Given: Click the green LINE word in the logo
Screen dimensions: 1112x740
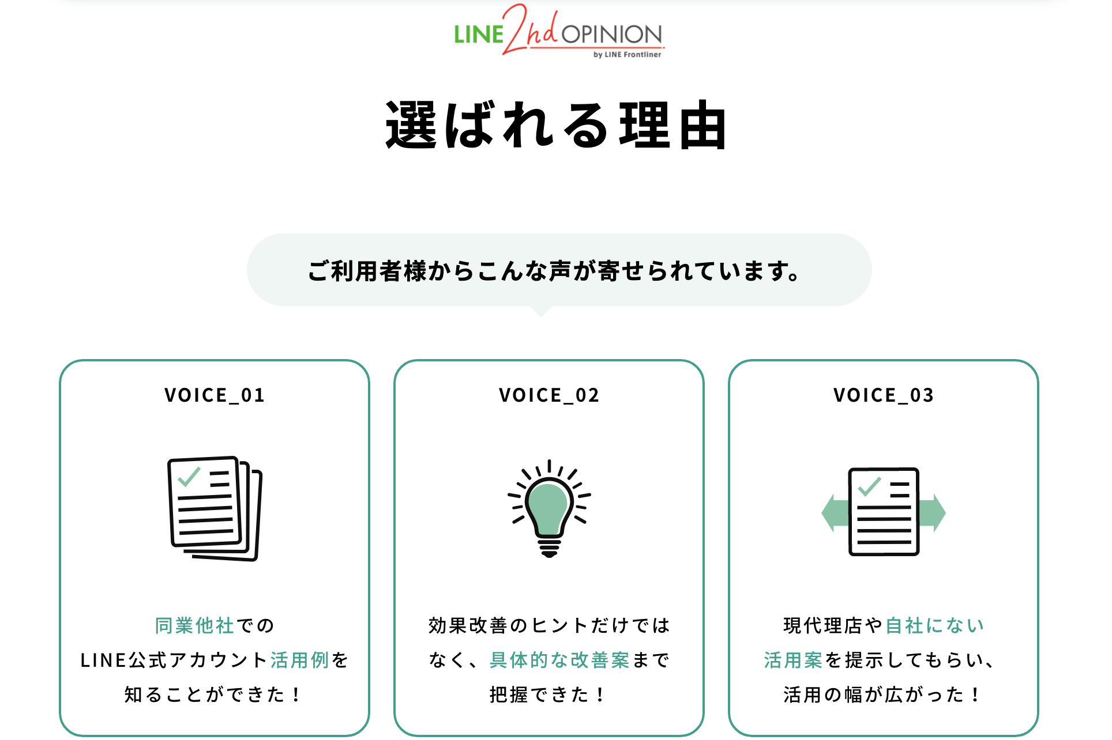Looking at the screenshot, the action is click(x=478, y=35).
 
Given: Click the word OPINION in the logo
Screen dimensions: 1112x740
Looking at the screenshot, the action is click(x=611, y=35).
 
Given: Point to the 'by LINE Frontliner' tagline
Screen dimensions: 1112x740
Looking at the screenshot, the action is click(x=627, y=55).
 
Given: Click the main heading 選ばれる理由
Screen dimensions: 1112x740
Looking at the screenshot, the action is click(x=556, y=125).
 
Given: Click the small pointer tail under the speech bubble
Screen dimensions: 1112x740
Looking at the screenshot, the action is click(x=541, y=312).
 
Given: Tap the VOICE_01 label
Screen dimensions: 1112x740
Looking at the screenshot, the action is click(x=215, y=395).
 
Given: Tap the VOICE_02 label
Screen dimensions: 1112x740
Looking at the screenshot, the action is click(x=549, y=395).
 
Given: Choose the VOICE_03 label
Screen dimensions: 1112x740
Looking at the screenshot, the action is click(x=884, y=395).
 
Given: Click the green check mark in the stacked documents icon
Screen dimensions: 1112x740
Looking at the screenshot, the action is click(x=189, y=477).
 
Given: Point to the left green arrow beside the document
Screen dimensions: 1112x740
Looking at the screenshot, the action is click(x=835, y=512).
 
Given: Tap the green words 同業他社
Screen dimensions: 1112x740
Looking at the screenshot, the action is click(x=194, y=625).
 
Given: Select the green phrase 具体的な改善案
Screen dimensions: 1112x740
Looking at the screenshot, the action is click(x=559, y=660).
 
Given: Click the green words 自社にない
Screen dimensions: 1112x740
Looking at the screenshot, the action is click(x=934, y=625).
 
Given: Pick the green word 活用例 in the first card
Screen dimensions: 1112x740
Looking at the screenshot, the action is click(x=299, y=660).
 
